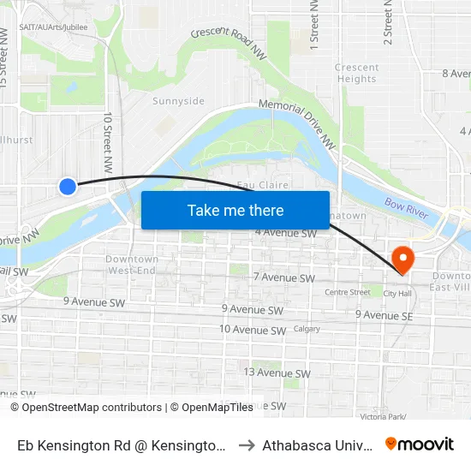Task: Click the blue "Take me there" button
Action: tap(235, 210)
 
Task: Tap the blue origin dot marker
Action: tap(68, 186)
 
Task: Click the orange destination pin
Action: tap(401, 259)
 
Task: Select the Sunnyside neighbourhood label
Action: tap(178, 101)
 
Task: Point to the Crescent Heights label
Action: tap(356, 73)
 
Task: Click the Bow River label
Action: tap(406, 206)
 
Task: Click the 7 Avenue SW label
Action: tap(284, 277)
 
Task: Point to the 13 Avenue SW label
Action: tap(277, 373)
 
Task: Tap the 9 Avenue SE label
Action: tap(385, 314)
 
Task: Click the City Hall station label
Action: tap(397, 293)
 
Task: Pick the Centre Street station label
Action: tap(347, 292)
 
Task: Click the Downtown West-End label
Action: tap(132, 265)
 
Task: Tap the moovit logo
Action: tap(419, 444)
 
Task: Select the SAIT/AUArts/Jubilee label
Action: tap(53, 27)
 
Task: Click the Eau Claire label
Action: tap(262, 185)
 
